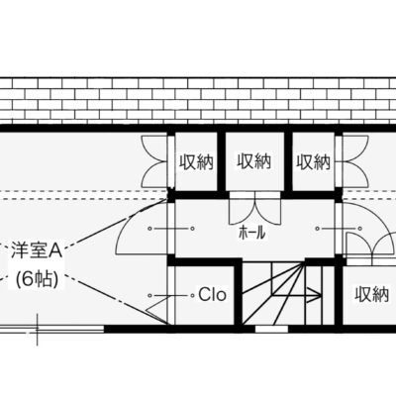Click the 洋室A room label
[37, 250]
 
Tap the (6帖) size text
[37, 280]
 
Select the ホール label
[252, 234]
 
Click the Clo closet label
[213, 295]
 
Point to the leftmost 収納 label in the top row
[197, 162]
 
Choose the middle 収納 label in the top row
[254, 161]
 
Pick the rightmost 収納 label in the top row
[313, 162]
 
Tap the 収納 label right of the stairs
[371, 295]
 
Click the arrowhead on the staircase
[316, 295]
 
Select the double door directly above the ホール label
[255, 211]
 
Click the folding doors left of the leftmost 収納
[154, 161]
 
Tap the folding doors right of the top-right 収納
[355, 161]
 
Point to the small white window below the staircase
[271, 329]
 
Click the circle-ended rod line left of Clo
[170, 295]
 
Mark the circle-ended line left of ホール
[170, 229]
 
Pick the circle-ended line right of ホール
[340, 229]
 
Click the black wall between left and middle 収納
[222, 161]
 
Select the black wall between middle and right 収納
[288, 161]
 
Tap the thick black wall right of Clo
[239, 294]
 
